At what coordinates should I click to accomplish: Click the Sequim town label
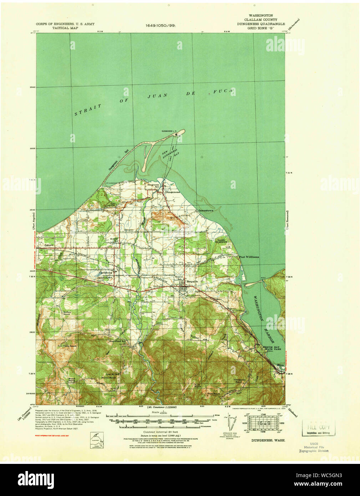192,282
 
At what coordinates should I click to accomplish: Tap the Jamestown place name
206,211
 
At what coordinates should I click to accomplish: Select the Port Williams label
249,257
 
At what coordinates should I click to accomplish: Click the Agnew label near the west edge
48,245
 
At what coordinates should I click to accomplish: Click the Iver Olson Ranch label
67,346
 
